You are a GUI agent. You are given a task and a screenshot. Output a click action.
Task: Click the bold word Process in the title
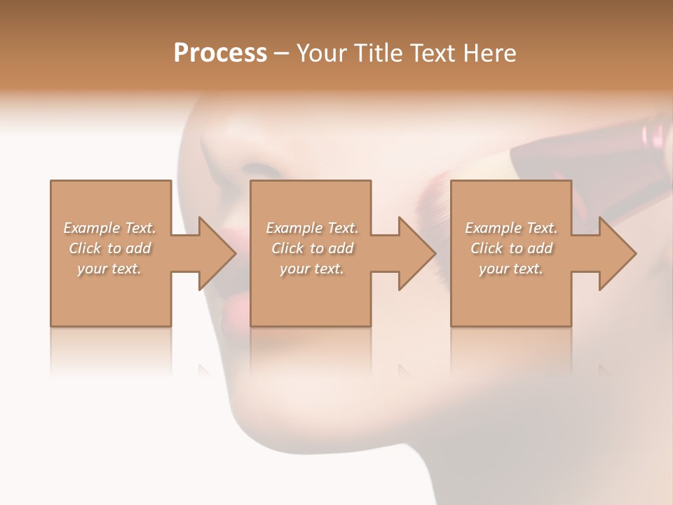click(220, 53)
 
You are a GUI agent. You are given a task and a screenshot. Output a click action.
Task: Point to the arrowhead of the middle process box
click(416, 253)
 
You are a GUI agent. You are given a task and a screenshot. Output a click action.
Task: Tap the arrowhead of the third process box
click(617, 253)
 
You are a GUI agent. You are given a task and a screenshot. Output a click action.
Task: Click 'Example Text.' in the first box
click(109, 228)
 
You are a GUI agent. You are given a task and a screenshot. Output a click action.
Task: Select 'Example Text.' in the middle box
click(312, 228)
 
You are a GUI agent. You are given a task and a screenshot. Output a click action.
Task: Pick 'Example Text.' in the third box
click(511, 228)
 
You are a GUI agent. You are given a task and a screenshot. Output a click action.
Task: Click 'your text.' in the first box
click(109, 269)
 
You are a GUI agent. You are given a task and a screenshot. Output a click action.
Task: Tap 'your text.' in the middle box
click(312, 269)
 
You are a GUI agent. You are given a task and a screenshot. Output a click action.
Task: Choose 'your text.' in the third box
click(511, 269)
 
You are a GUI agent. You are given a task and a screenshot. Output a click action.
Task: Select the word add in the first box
click(138, 248)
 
